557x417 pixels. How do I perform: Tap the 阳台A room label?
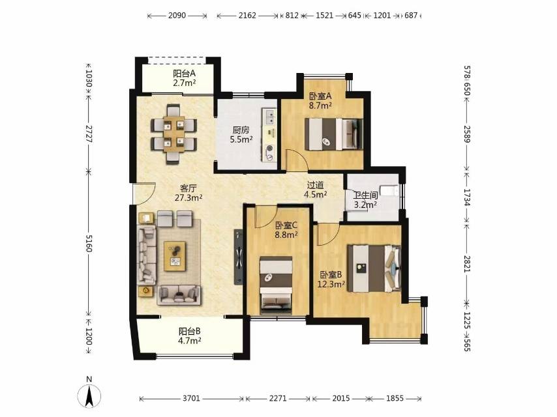(185, 74)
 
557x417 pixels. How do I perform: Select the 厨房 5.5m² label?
(241, 135)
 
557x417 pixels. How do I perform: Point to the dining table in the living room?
(174, 134)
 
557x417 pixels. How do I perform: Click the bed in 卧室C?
(276, 285)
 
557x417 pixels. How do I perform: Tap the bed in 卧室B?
(374, 268)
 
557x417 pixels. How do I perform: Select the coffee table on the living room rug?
(175, 256)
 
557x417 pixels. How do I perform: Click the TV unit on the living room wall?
(238, 257)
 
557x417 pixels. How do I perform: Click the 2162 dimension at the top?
(247, 15)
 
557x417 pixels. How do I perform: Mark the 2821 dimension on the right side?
(467, 264)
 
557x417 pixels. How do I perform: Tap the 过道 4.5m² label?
(316, 190)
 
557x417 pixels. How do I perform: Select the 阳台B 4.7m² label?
(190, 336)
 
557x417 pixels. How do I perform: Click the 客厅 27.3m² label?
(188, 193)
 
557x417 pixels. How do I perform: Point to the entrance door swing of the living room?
(144, 194)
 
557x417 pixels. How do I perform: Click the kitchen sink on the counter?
(270, 117)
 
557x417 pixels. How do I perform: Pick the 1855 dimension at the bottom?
(395, 398)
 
